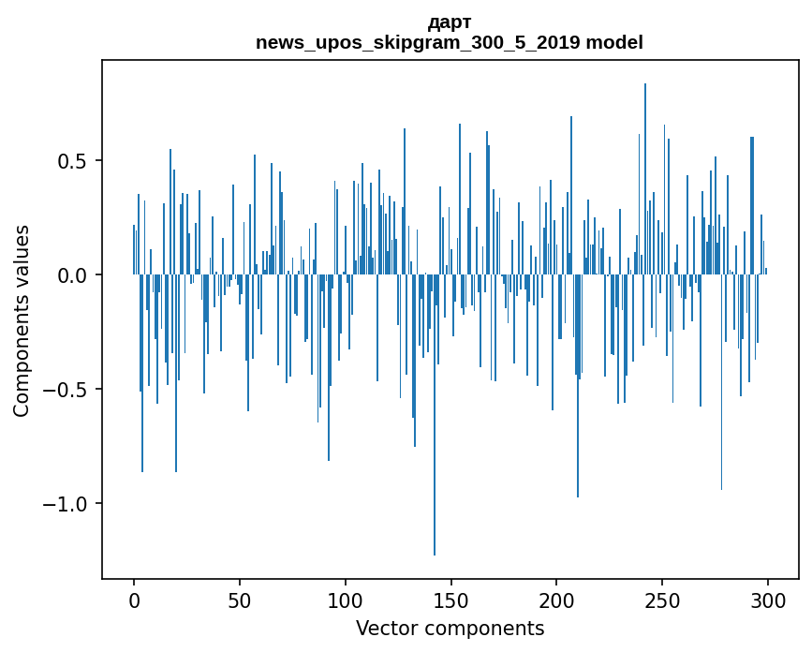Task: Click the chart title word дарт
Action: click(450, 22)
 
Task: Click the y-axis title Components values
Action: click(22, 320)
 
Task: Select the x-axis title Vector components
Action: click(450, 628)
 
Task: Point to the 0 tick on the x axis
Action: click(134, 600)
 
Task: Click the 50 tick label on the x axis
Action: click(240, 600)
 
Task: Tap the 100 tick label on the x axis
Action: click(346, 600)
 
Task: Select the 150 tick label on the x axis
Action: click(450, 600)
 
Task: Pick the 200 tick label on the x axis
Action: click(556, 600)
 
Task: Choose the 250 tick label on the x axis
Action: click(662, 600)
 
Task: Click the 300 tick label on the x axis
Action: click(768, 600)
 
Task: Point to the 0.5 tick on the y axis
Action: click(73, 161)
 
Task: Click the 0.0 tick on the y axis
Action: click(73, 275)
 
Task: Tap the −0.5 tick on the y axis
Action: click(67, 390)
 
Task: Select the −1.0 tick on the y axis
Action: click(67, 504)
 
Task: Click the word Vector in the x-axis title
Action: click(384, 628)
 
